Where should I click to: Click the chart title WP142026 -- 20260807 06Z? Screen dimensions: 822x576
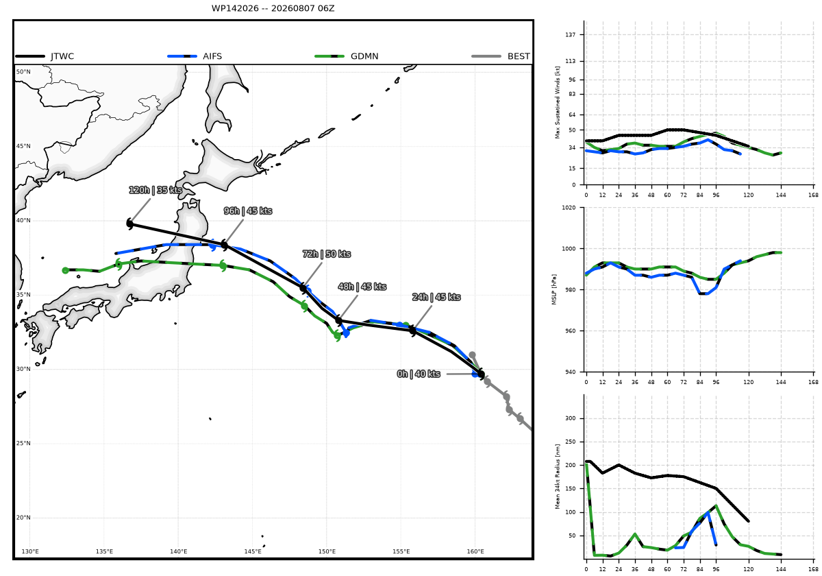[273, 8]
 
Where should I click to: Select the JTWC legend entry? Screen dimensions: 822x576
[45, 56]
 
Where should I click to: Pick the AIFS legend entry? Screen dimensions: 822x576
[195, 56]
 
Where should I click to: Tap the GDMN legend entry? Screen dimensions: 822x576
[347, 56]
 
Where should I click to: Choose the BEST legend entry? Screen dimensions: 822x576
[501, 56]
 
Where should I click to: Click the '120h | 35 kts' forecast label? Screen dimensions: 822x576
[155, 190]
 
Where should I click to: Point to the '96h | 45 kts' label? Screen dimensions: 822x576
[248, 211]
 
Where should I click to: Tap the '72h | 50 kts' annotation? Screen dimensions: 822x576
[327, 254]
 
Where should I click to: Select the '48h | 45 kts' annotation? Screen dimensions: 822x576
[362, 287]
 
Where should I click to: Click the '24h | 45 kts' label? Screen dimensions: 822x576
[436, 297]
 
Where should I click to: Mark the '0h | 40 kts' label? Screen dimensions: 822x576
[419, 374]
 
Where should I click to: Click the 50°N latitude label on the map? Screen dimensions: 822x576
[23, 71]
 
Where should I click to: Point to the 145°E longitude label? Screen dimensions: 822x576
[253, 551]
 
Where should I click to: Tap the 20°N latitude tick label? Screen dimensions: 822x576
[23, 518]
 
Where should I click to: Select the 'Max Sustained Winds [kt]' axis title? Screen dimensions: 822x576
[558, 102]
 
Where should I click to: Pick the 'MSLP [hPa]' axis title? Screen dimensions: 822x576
[553, 289]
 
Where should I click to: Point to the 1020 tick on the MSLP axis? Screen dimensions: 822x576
[569, 208]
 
